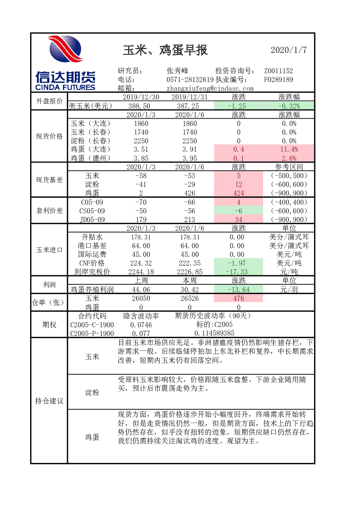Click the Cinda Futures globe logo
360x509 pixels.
pyautogui.click(x=65, y=49)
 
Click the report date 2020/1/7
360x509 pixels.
pyautogui.click(x=289, y=50)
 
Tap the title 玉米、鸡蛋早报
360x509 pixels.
pyautogui.click(x=165, y=50)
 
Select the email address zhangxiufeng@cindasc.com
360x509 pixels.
pyautogui.click(x=210, y=89)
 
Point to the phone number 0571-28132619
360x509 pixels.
pyautogui.click(x=190, y=79)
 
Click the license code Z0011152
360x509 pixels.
pyautogui.click(x=278, y=71)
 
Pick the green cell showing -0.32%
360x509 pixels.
pyautogui.click(x=289, y=106)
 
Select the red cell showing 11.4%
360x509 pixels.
pyautogui.click(x=289, y=149)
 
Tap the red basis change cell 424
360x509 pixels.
pyautogui.click(x=238, y=193)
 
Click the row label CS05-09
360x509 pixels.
pyautogui.click(x=92, y=211)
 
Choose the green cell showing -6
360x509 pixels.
pyautogui.click(x=238, y=211)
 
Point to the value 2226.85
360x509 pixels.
pyautogui.click(x=189, y=272)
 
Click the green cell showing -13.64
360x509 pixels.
pyautogui.click(x=238, y=290)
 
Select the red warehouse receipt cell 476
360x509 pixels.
pyautogui.click(x=238, y=298)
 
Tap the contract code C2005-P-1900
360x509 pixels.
pyautogui.click(x=92, y=333)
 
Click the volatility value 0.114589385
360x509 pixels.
pyautogui.click(x=214, y=333)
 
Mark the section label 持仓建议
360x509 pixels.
pyautogui.click(x=49, y=401)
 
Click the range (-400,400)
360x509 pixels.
pyautogui.click(x=289, y=202)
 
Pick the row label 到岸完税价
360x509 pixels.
pyautogui.click(x=92, y=272)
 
